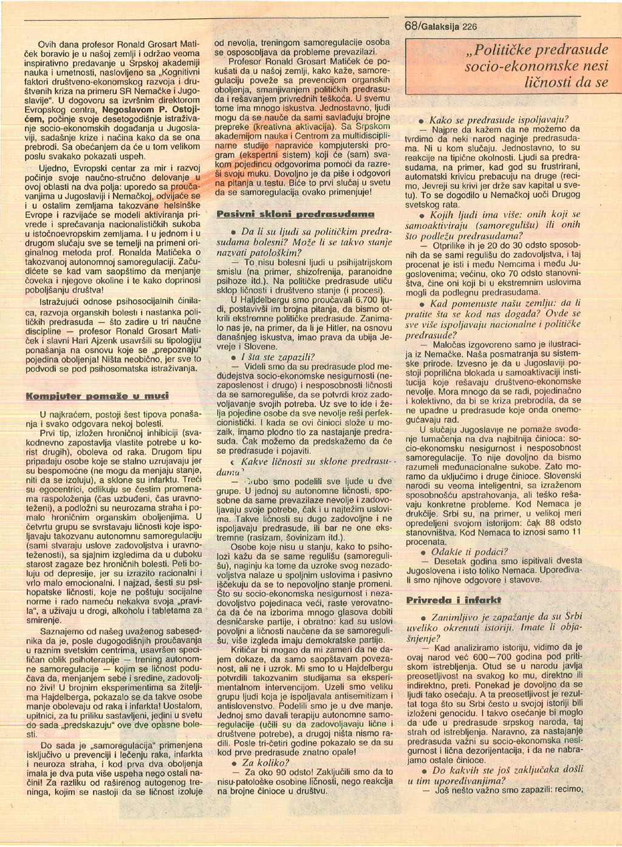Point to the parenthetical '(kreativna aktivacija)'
[x=289, y=129]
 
